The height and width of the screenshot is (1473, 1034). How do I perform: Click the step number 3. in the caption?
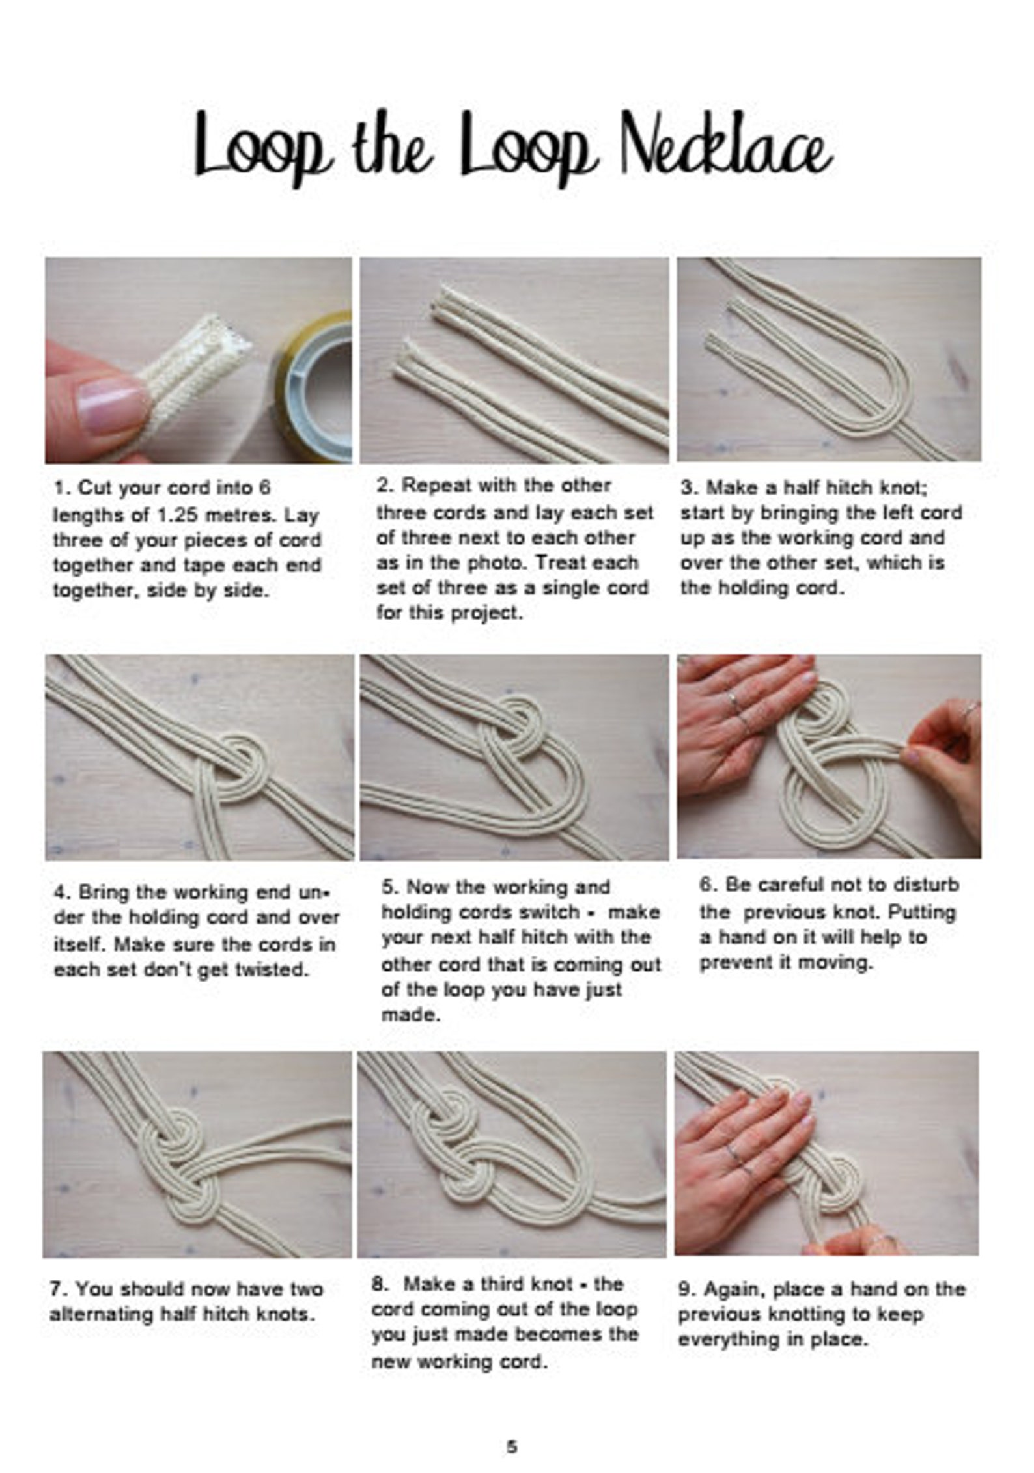690,488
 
